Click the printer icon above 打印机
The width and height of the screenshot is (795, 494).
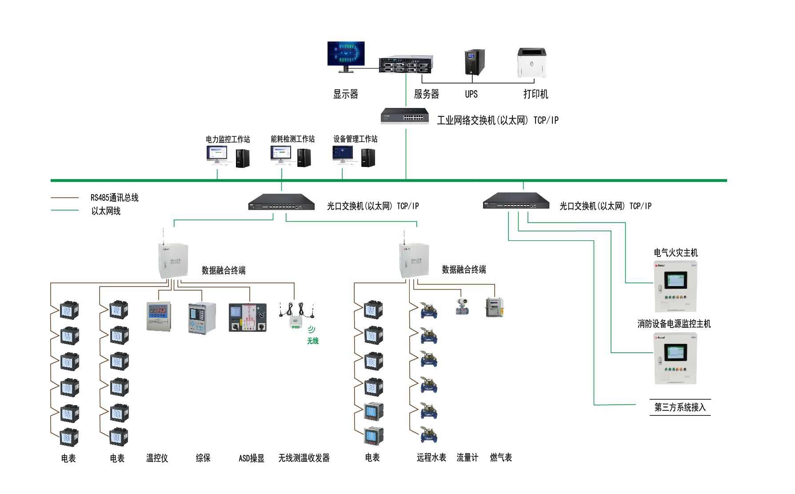coord(531,63)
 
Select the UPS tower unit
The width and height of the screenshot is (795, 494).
coord(475,62)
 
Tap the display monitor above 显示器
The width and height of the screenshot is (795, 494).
coord(346,55)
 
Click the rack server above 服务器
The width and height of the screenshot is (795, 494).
coord(406,65)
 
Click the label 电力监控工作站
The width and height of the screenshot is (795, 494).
coord(228,139)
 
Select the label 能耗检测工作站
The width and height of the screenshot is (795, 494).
coord(292,139)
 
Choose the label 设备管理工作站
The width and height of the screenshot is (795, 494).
coord(355,139)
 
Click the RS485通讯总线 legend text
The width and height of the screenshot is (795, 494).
coord(115,198)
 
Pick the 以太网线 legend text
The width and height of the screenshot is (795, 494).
coord(106,211)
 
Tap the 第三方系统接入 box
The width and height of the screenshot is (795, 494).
coord(680,407)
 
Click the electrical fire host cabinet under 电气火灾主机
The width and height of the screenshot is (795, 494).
coord(675,287)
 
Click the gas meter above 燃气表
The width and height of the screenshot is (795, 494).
coord(494,307)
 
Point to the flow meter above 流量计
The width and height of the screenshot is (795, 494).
coord(462,307)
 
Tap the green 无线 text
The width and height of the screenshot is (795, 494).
coord(313,341)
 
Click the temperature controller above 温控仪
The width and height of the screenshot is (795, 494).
coord(159,316)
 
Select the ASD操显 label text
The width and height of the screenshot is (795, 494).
coord(252,458)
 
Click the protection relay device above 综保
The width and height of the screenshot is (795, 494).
coord(202,318)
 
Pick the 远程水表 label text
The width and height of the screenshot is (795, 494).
coord(431,458)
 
